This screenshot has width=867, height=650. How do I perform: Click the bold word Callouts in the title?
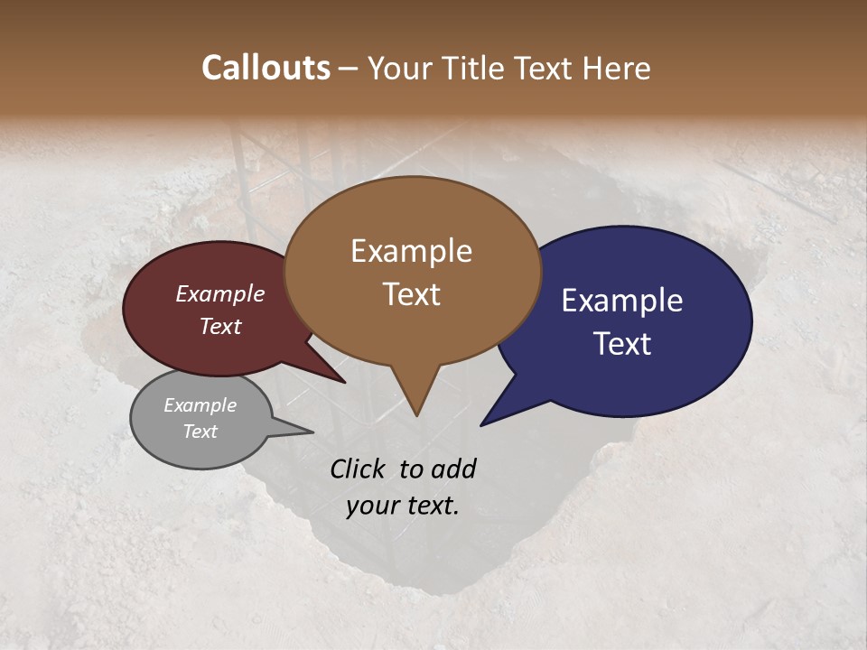[266, 68]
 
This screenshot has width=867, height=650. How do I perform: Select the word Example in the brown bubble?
[411, 251]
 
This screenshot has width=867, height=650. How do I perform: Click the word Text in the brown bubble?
[411, 294]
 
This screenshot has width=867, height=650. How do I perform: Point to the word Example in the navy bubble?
[622, 301]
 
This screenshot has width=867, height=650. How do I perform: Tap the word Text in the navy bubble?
[622, 344]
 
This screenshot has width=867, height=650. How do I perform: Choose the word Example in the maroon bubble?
[219, 293]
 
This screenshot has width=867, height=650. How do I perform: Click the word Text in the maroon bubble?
[219, 326]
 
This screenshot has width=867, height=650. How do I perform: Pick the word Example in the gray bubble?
[200, 405]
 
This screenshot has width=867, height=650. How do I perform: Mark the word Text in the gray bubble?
[200, 432]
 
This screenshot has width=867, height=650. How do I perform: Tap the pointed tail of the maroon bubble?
[343, 381]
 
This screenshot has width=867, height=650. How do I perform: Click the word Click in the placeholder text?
[359, 469]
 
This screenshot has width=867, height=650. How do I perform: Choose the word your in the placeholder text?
[371, 506]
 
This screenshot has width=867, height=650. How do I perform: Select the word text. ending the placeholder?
[432, 506]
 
